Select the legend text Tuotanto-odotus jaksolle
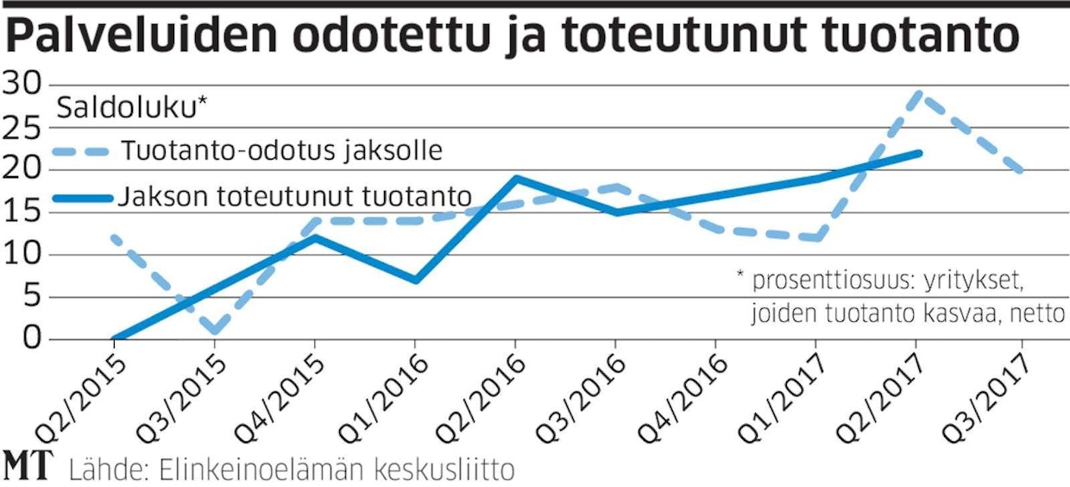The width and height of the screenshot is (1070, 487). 282,151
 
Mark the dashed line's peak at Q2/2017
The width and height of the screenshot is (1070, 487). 918,93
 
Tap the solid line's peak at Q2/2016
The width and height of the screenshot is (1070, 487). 516,179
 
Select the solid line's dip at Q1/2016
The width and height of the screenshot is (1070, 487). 416,280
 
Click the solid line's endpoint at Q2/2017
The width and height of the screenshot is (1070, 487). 920,153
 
